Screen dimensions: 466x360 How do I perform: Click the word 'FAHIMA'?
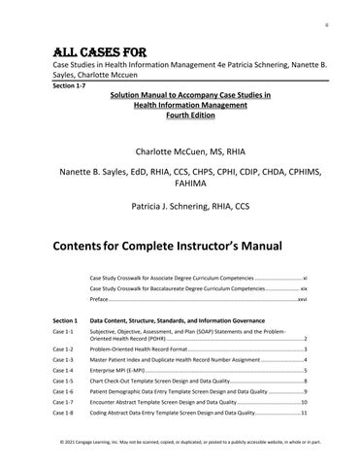pos(180,184)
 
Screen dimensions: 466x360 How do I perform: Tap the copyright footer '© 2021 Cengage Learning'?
pos(97,441)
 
